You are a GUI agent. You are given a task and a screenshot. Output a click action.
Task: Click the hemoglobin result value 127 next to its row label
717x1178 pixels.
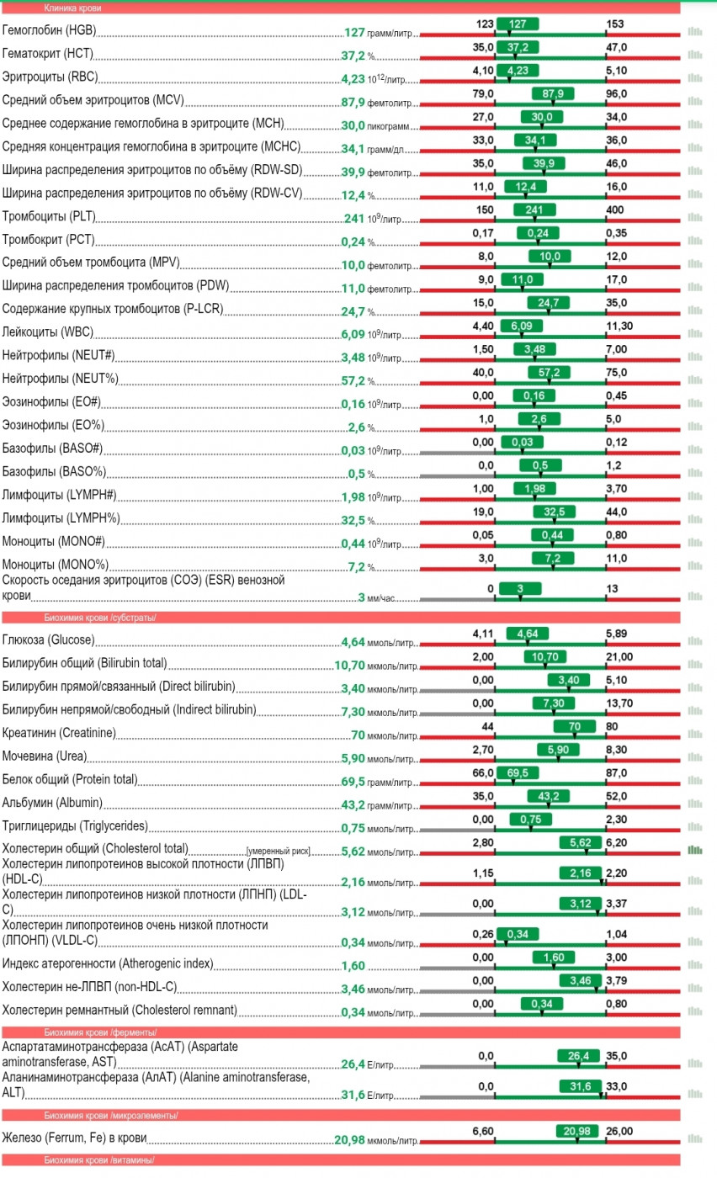pos(354,33)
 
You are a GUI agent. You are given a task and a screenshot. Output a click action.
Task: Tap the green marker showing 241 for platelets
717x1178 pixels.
pos(526,209)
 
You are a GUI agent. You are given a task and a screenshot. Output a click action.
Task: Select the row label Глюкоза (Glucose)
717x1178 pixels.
pos(48,641)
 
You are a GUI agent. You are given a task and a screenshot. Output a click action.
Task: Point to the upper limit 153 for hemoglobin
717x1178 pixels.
pos(615,24)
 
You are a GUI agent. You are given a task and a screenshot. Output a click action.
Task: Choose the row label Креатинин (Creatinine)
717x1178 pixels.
pos(59,734)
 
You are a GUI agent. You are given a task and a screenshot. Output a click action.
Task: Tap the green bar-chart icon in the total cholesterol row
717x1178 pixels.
pos(694,850)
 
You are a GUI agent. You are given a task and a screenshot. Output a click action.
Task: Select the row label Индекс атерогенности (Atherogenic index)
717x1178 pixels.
pos(108,963)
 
